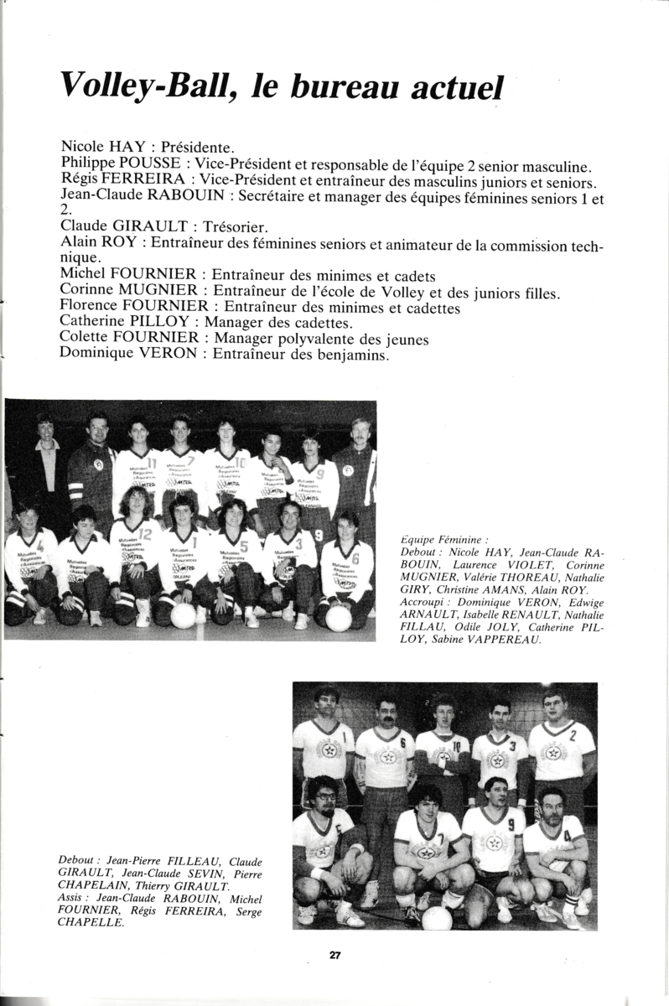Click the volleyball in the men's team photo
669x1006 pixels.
437,917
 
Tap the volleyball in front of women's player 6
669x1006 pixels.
339,617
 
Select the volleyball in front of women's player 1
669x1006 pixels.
183,615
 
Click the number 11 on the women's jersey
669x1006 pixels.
152,462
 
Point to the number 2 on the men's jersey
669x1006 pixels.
573,735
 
